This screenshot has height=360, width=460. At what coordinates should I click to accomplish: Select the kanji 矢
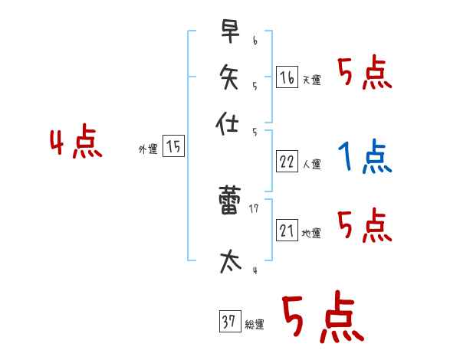228,77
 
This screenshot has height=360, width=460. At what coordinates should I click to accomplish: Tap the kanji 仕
228,123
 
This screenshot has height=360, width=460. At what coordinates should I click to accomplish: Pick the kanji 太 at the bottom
228,260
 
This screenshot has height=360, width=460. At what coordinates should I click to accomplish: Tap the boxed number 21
286,229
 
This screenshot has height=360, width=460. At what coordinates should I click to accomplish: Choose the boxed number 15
173,146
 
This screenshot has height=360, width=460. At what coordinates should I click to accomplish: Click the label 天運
311,80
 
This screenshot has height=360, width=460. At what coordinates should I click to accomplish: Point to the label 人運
311,164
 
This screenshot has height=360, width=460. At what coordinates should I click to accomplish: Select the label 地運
311,233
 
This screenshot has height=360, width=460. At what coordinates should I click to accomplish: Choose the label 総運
255,325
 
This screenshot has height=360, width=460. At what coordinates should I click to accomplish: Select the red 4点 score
76,144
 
